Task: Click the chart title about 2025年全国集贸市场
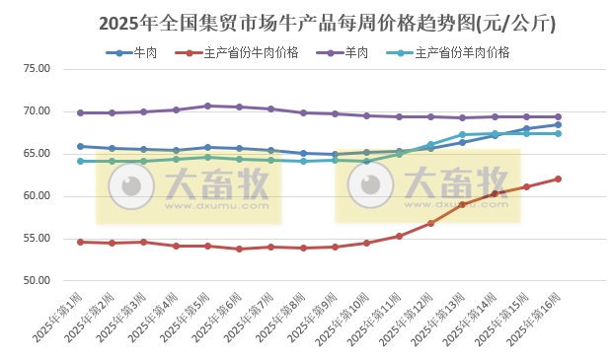(306, 22)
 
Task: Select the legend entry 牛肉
(144, 52)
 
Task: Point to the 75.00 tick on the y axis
(37, 69)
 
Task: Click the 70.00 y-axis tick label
(37, 111)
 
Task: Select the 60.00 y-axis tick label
(37, 196)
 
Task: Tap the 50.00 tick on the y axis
(37, 281)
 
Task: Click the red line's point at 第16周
(558, 179)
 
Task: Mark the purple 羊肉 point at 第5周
(207, 106)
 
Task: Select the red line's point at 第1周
(80, 242)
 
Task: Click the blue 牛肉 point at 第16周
(558, 124)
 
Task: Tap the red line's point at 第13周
(462, 204)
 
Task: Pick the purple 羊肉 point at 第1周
(80, 112)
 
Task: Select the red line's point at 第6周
(239, 249)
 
